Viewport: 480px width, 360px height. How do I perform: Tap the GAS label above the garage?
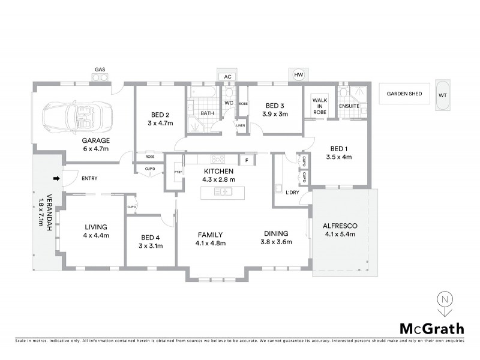point(100,68)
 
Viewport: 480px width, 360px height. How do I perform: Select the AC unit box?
point(227,77)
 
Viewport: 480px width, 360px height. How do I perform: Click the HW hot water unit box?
point(299,74)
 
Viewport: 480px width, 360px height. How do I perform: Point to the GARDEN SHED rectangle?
point(404,94)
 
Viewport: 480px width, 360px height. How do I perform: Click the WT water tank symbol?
point(443,95)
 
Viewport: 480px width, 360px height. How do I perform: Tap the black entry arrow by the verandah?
point(57,178)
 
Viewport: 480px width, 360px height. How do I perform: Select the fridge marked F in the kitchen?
point(246,160)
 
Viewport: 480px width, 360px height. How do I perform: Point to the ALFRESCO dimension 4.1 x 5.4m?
point(340,234)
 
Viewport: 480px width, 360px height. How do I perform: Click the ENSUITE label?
point(349,107)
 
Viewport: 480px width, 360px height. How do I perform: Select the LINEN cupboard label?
point(241,125)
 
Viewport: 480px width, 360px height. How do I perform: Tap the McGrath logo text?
point(431,328)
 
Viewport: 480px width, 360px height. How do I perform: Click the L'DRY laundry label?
point(293,192)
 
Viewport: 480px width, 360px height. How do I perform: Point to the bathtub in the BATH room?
point(199,92)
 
